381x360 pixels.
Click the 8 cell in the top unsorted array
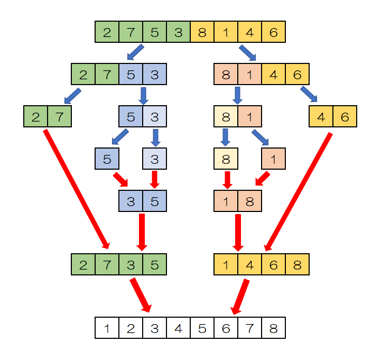click(x=202, y=32)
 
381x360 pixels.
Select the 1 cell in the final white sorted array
click(x=107, y=328)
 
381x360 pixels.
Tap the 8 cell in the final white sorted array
click(x=273, y=328)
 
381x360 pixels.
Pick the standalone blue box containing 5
click(x=107, y=158)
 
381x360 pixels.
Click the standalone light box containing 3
click(x=154, y=158)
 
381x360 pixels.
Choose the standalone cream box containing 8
click(x=226, y=158)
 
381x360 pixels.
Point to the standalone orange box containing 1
click(x=273, y=158)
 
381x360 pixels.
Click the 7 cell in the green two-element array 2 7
click(x=59, y=116)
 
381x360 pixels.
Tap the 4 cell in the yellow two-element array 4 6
click(x=321, y=116)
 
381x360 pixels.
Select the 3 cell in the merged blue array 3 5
click(x=131, y=201)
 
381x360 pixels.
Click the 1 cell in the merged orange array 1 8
click(x=226, y=201)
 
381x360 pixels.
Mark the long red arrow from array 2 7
click(x=76, y=188)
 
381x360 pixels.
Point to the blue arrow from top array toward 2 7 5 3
click(x=135, y=53)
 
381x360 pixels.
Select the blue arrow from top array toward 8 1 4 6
click(x=248, y=53)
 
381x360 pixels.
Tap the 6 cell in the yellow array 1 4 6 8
click(x=273, y=264)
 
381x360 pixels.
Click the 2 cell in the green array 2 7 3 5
click(x=83, y=264)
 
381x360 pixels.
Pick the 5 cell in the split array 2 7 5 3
click(x=131, y=74)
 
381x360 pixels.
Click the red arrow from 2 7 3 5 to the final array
click(x=141, y=295)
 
